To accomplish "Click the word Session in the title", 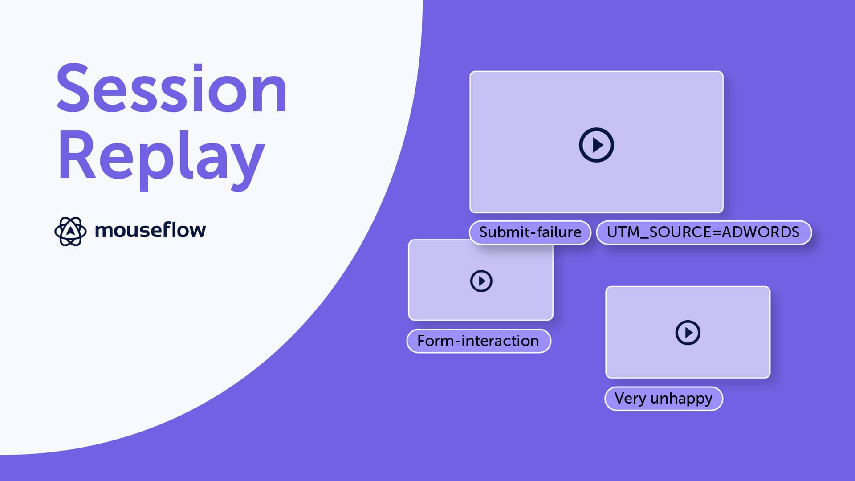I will [171, 89].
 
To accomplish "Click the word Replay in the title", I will [161, 156].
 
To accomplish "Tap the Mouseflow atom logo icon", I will [70, 231].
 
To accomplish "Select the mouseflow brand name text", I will [150, 230].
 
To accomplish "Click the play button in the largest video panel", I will [596, 145].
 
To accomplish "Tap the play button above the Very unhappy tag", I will [688, 333].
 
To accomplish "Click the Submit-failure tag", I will [530, 232].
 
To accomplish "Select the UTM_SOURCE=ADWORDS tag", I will [703, 232].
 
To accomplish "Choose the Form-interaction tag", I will [478, 341].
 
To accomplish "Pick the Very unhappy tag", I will [663, 399].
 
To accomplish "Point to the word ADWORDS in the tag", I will [761, 232].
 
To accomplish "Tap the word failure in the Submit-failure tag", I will [559, 232].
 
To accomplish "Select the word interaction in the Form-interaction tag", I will [500, 341].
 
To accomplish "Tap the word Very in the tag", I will [630, 399].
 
